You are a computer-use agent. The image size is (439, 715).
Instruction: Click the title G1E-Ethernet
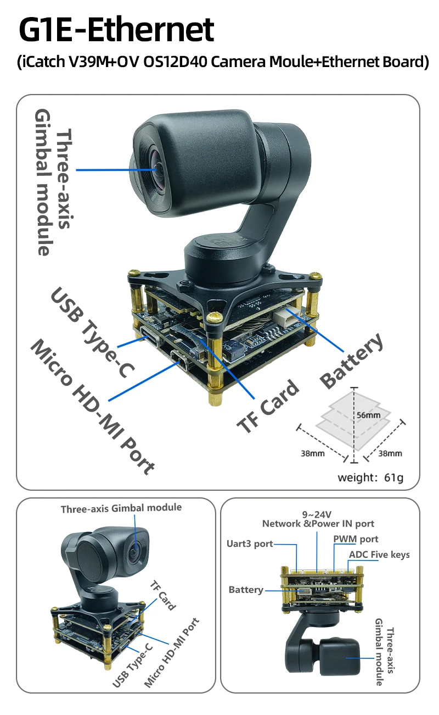pyautogui.click(x=116, y=30)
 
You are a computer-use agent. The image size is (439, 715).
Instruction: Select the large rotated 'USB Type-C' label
pyautogui.click(x=92, y=332)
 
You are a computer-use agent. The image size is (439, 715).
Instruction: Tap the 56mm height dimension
pyautogui.click(x=368, y=415)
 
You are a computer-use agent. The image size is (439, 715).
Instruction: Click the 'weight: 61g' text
pyautogui.click(x=370, y=477)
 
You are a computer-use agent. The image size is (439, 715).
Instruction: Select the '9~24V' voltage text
pyautogui.click(x=317, y=514)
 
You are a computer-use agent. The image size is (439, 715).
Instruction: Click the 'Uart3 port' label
pyautogui.click(x=250, y=544)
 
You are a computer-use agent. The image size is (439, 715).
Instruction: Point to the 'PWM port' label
pyautogui.click(x=356, y=539)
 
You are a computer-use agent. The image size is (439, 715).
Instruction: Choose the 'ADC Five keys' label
pyautogui.click(x=379, y=555)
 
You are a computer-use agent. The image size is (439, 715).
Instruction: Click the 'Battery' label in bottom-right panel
pyautogui.click(x=245, y=590)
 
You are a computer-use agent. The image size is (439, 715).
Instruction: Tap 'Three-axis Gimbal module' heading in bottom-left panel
pyautogui.click(x=121, y=508)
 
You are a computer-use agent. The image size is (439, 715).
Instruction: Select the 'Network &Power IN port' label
pyautogui.click(x=318, y=524)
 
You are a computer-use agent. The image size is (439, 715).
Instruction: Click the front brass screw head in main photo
pyautogui.click(x=215, y=317)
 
